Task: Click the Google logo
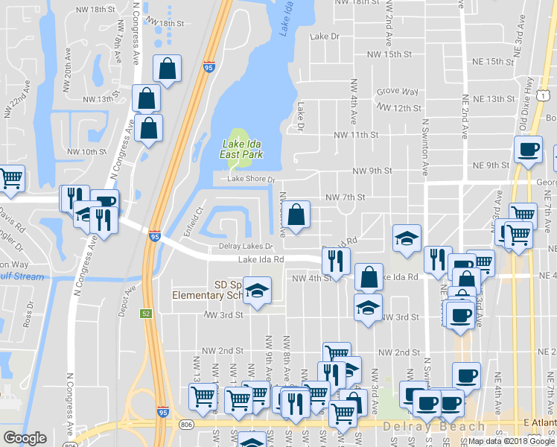(x=25, y=438)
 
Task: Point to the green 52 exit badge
(x=147, y=314)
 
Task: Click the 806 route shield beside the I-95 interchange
(x=185, y=424)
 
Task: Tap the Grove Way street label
(x=397, y=91)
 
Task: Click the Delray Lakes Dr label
(x=246, y=246)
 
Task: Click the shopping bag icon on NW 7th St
(x=296, y=215)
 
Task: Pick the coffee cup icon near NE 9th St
(x=528, y=149)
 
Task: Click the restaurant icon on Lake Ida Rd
(x=335, y=260)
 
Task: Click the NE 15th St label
(x=485, y=61)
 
